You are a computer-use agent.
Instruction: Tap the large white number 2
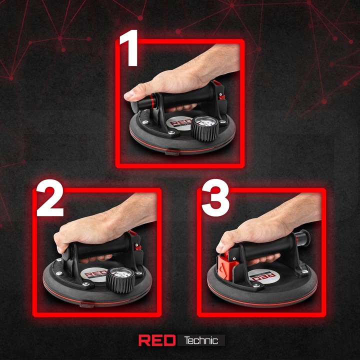[50, 197]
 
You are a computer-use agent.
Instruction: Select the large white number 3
[215, 197]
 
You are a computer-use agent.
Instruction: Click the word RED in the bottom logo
[157, 340]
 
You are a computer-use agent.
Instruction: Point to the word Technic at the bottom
[201, 340]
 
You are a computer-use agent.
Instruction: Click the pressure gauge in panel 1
[204, 128]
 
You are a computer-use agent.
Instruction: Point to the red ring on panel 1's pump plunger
[152, 101]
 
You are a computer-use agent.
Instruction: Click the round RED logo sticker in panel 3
[264, 276]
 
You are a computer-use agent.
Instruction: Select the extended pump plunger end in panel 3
[303, 238]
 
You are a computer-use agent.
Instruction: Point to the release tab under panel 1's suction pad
[172, 153]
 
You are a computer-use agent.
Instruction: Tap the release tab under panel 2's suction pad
[87, 305]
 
